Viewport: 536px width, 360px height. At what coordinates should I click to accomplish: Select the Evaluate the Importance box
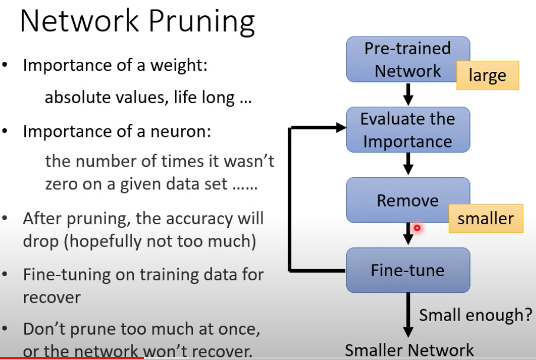point(407,130)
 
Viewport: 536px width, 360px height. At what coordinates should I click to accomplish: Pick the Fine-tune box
point(407,270)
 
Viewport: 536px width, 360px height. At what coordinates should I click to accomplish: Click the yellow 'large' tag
point(488,76)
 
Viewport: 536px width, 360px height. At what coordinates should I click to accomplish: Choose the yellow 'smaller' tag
point(485,218)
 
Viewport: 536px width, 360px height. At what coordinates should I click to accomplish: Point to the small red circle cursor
point(417,228)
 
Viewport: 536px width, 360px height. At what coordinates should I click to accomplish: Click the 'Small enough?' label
point(475,315)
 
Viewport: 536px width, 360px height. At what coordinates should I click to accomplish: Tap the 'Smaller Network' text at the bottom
point(409,350)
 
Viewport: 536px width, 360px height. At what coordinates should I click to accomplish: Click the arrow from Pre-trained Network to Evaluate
point(407,94)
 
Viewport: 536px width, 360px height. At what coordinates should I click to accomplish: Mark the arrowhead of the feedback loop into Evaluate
point(340,127)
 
